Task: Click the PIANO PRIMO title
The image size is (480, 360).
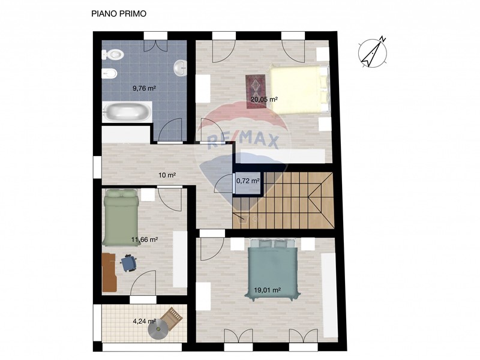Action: pyautogui.click(x=119, y=14)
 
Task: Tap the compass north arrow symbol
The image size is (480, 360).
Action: pyautogui.click(x=373, y=52)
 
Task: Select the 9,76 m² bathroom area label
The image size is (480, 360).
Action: pyautogui.click(x=144, y=88)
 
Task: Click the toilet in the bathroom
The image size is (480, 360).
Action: pyautogui.click(x=113, y=55)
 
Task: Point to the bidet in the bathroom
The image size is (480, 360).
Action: pyautogui.click(x=109, y=74)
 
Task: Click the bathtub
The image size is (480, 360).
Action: pyautogui.click(x=127, y=112)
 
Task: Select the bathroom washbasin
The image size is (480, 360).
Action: pyautogui.click(x=181, y=68)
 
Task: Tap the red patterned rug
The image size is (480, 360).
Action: pyautogui.click(x=256, y=92)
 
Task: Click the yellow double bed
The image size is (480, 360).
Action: pyautogui.click(x=298, y=89)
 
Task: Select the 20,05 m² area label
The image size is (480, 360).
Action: pyautogui.click(x=264, y=99)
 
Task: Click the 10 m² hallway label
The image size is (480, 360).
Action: pyautogui.click(x=167, y=175)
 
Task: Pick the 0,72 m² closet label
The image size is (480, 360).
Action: pyautogui.click(x=248, y=181)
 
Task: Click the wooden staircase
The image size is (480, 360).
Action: pyautogui.click(x=283, y=200)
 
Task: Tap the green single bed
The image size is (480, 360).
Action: pyautogui.click(x=120, y=217)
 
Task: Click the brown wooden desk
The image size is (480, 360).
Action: pyautogui.click(x=109, y=272)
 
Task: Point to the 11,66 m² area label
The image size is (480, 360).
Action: pyautogui.click(x=145, y=239)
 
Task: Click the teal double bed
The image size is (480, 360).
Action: pyautogui.click(x=272, y=269)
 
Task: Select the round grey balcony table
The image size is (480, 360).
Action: pyautogui.click(x=158, y=329)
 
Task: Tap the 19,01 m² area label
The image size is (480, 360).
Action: pyautogui.click(x=268, y=290)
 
